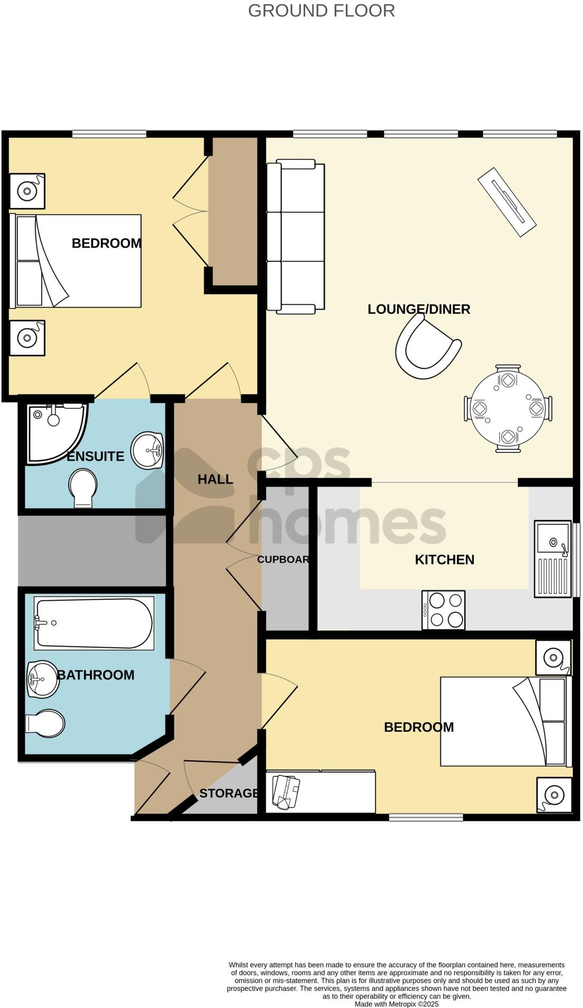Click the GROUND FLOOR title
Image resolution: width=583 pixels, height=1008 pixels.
(321, 11)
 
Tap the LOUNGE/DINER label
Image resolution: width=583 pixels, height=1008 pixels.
(419, 309)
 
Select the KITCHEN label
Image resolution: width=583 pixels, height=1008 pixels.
(444, 559)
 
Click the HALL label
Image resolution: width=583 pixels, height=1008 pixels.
(215, 479)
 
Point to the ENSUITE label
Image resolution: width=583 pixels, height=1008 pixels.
(96, 456)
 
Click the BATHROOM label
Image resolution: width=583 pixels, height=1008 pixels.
(96, 675)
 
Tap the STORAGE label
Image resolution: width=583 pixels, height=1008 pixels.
(229, 793)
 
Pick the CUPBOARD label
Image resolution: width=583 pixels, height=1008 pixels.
(283, 559)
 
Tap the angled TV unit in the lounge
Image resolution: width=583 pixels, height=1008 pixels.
(507, 202)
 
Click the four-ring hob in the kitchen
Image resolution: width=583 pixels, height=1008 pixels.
(443, 610)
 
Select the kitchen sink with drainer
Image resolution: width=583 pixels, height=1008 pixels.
(552, 558)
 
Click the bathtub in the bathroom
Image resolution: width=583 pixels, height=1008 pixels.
(94, 623)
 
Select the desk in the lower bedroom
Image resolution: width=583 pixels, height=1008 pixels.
(321, 791)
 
